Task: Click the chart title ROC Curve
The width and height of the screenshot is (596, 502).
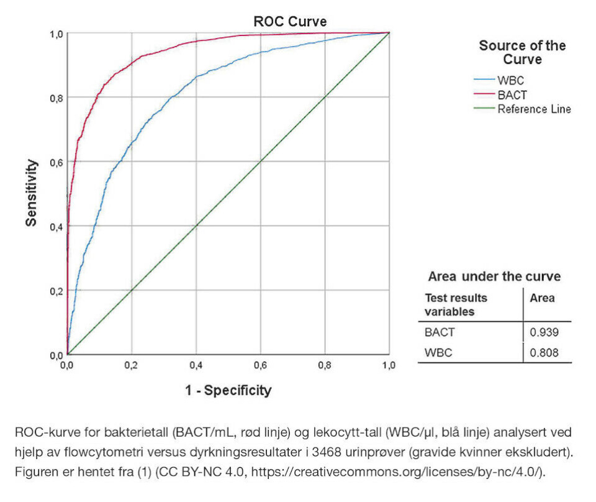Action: (x=290, y=22)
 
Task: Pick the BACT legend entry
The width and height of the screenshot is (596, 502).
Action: (x=512, y=95)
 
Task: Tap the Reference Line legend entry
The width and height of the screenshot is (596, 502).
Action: (x=533, y=109)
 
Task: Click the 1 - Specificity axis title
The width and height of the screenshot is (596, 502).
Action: (x=228, y=390)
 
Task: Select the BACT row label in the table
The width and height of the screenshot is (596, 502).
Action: (x=439, y=332)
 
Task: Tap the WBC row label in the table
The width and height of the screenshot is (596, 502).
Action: (x=438, y=353)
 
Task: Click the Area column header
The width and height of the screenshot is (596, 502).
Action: (x=542, y=298)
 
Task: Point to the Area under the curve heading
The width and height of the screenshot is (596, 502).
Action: (x=494, y=276)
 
